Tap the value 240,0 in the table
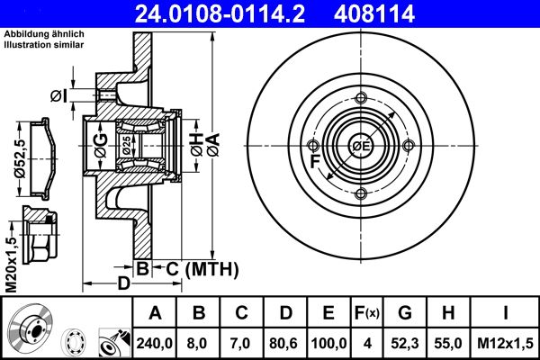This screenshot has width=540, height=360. [155, 343]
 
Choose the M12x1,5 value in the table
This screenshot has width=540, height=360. [507, 343]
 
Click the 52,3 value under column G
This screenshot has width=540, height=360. [405, 343]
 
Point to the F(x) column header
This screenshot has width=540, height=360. [366, 314]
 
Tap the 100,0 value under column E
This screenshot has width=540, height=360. [329, 343]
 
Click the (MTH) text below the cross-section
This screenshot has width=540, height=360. [211, 268]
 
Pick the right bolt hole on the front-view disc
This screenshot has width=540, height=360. [409, 147]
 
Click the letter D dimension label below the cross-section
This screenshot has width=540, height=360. [124, 283]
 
